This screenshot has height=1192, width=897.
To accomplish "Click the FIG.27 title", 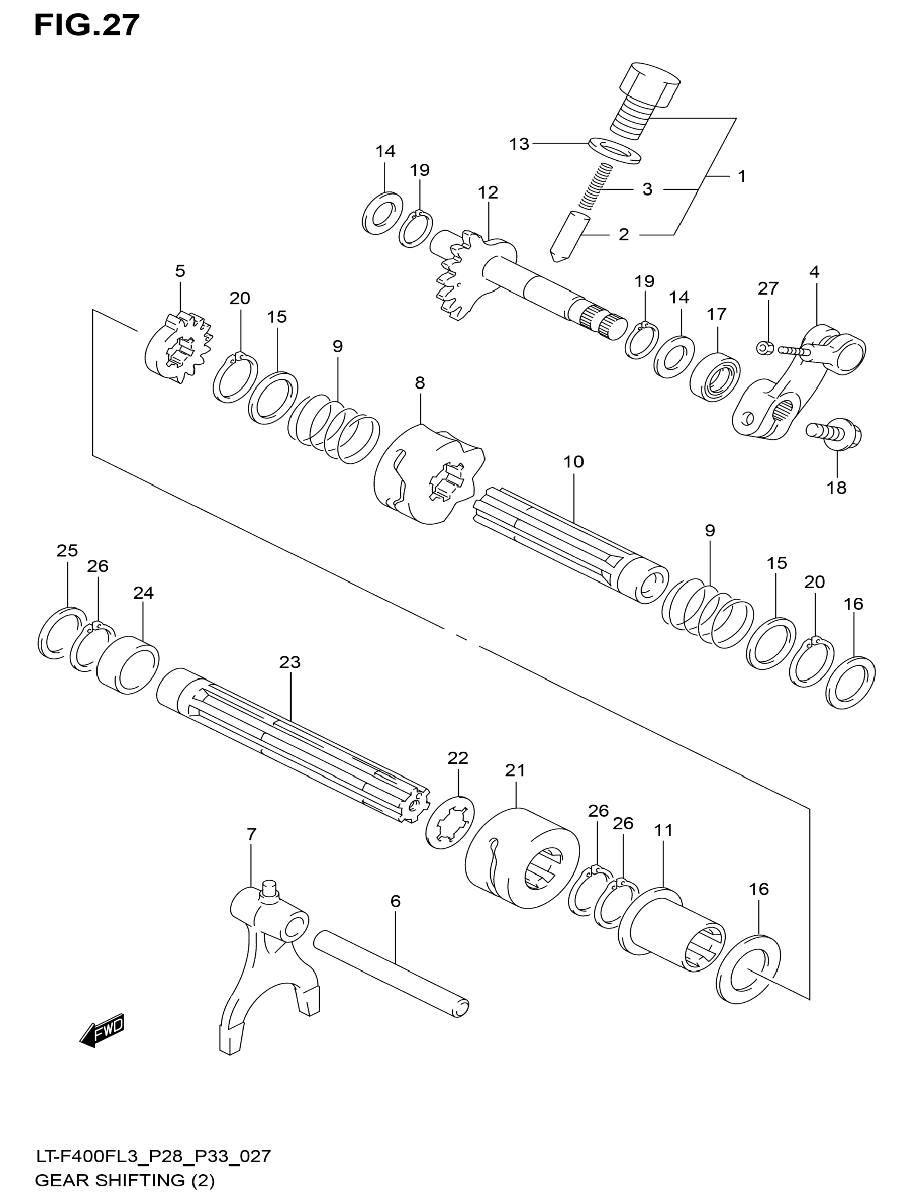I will click(87, 25).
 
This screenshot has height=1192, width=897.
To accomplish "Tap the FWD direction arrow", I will click(102, 1031).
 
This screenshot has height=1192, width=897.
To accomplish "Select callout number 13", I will click(519, 144).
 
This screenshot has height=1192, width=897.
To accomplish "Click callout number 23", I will click(290, 662).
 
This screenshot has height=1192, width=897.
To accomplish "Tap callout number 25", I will click(67, 550).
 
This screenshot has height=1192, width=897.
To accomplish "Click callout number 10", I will click(574, 462).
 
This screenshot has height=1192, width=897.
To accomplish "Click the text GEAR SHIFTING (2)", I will click(125, 1181).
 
